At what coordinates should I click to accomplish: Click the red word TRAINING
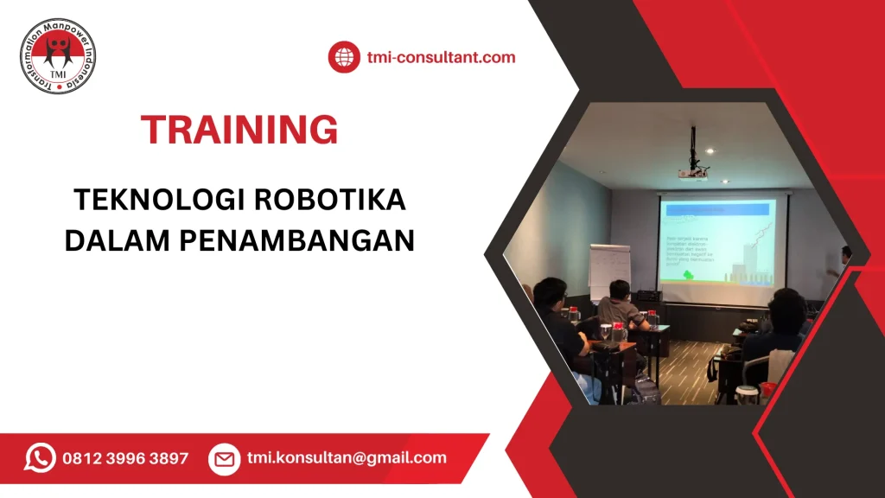(239, 130)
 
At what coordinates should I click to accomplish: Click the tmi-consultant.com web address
(441, 58)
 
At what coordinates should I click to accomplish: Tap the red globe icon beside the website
(343, 58)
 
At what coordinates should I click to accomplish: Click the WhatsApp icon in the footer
(40, 458)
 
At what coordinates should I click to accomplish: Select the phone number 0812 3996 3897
(125, 458)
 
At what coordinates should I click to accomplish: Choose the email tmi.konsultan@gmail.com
(347, 458)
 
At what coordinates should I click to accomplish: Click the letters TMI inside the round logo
(58, 73)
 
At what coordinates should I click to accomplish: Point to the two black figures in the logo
(58, 52)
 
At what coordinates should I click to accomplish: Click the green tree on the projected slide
(690, 276)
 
